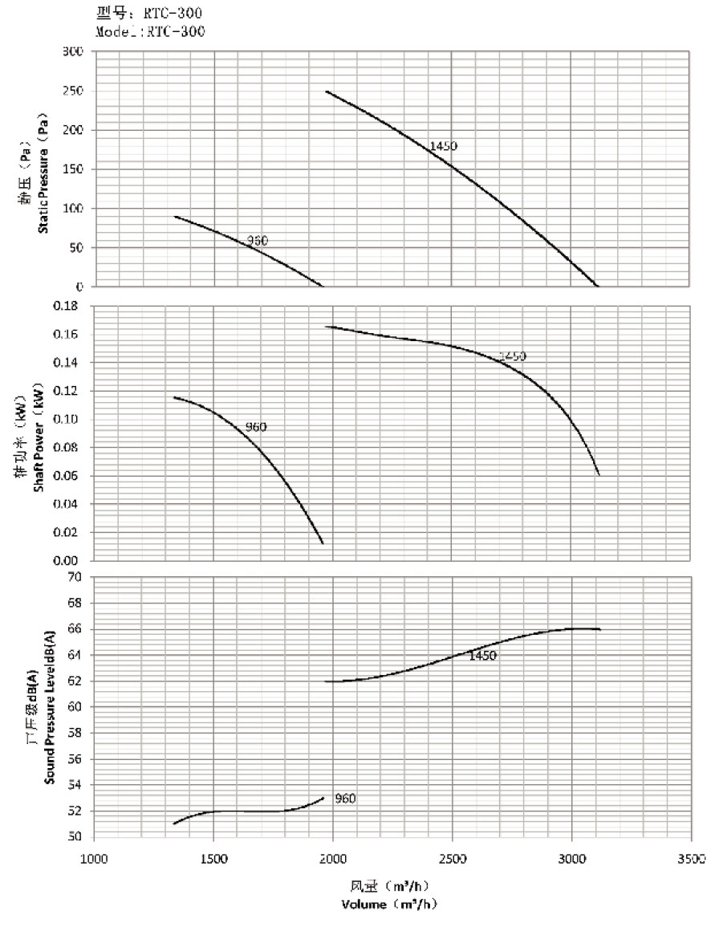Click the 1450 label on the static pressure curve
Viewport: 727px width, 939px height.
tap(444, 146)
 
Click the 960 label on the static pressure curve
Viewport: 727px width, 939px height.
tap(258, 240)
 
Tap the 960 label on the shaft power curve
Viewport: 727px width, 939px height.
tap(255, 427)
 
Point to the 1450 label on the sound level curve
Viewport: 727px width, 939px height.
tap(483, 656)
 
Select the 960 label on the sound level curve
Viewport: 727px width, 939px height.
tap(345, 799)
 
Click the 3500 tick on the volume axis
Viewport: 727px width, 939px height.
tap(690, 859)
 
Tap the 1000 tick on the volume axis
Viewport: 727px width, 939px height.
tap(95, 859)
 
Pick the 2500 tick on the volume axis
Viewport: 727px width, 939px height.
tap(453, 859)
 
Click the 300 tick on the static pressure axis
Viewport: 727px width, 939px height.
tap(73, 52)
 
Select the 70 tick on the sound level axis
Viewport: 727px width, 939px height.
tap(75, 577)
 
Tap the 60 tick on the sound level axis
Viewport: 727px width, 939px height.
tap(75, 707)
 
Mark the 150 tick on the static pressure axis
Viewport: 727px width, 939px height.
tap(73, 169)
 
